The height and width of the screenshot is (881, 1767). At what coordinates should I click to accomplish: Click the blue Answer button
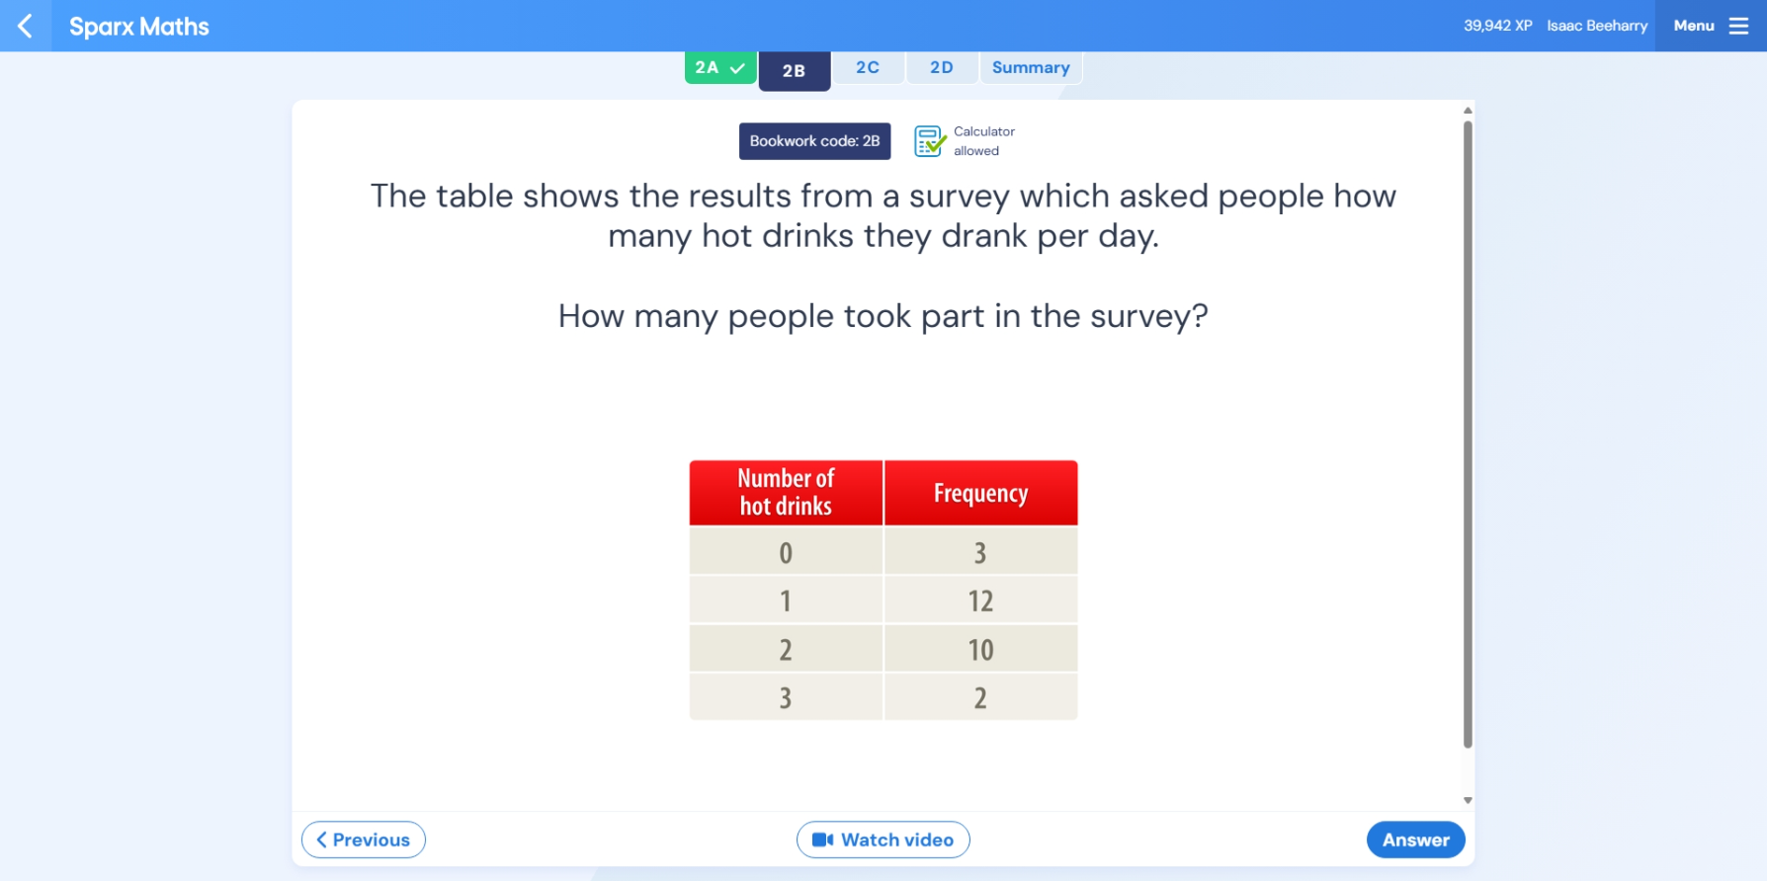pyautogui.click(x=1415, y=840)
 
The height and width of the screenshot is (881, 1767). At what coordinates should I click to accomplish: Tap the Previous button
pyautogui.click(x=364, y=840)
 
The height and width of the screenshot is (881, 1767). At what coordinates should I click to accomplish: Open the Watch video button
pyautogui.click(x=883, y=840)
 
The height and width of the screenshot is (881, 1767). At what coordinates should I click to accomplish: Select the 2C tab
pyautogui.click(x=868, y=67)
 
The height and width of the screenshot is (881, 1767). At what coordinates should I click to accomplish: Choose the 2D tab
pyautogui.click(x=942, y=67)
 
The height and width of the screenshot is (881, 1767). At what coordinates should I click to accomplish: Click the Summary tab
pyautogui.click(x=1031, y=67)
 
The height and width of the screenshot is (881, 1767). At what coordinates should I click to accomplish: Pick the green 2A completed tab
pyautogui.click(x=720, y=67)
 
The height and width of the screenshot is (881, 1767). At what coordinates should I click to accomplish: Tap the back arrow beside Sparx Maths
pyautogui.click(x=26, y=26)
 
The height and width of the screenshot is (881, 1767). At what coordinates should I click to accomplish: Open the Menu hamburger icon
pyautogui.click(x=1738, y=26)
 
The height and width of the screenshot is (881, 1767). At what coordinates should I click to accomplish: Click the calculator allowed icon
pyautogui.click(x=930, y=141)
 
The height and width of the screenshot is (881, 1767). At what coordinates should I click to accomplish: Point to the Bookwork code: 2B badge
pyautogui.click(x=814, y=141)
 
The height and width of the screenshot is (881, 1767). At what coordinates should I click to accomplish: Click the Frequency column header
pyautogui.click(x=980, y=493)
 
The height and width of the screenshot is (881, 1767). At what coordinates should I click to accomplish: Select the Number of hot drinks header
pyautogui.click(x=786, y=493)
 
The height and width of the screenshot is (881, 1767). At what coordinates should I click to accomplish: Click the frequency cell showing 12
pyautogui.click(x=980, y=601)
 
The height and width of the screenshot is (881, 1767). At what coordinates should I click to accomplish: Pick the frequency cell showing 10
pyautogui.click(x=980, y=649)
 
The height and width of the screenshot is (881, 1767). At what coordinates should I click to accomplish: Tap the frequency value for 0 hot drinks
pyautogui.click(x=980, y=552)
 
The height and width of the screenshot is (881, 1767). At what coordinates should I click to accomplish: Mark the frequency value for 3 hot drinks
pyautogui.click(x=980, y=697)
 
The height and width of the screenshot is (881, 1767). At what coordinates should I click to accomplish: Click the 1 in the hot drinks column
pyautogui.click(x=786, y=601)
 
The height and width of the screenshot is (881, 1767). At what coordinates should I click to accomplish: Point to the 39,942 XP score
pyautogui.click(x=1498, y=26)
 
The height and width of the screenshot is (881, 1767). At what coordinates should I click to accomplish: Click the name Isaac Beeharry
pyautogui.click(x=1597, y=26)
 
